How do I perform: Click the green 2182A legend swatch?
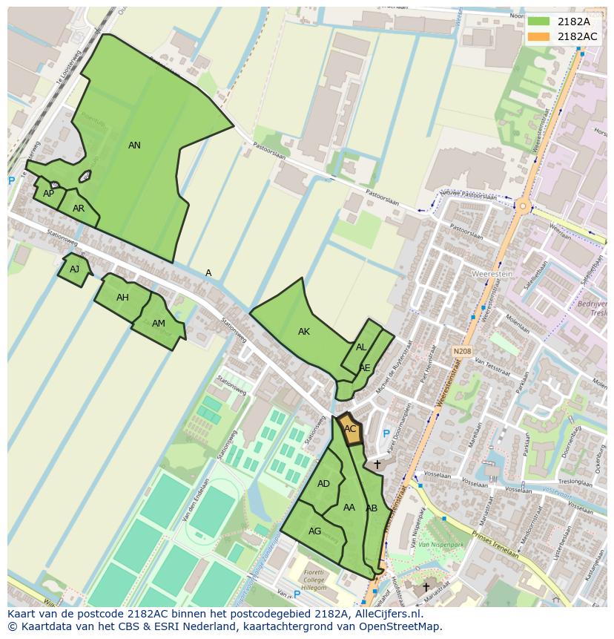pos(538,22)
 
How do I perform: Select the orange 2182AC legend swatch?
pos(538,36)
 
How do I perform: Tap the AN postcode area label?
pos(134,145)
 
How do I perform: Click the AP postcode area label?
pos(48,194)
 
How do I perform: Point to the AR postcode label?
pos(79,209)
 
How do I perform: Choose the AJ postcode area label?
pos(74,269)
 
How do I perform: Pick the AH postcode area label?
pos(122,298)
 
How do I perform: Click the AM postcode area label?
pos(159,324)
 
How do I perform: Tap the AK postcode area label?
pos(304,332)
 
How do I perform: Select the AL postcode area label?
pos(361,347)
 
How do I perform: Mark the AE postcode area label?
pos(365,367)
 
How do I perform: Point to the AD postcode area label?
pos(323,484)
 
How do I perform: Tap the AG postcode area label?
pos(315,531)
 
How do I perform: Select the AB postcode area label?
pos(372,508)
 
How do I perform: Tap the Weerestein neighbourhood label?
pos(492,274)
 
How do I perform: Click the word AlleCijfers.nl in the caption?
pos(386,614)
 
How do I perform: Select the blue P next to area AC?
pos(386,434)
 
